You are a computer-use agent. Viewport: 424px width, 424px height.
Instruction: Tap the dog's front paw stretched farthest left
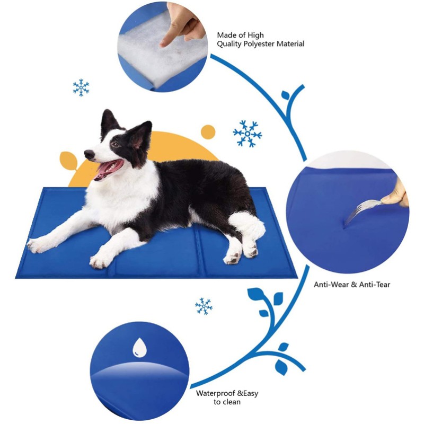[36, 245]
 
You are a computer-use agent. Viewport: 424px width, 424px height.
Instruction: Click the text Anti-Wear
[331, 285]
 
